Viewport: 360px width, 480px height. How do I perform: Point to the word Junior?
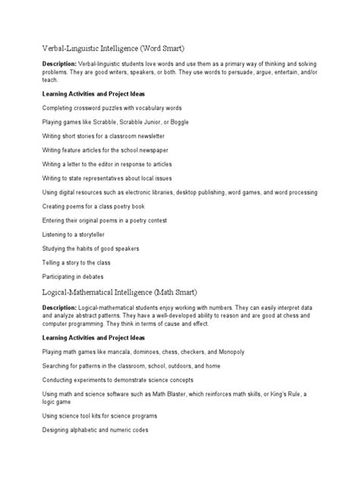(145, 122)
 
